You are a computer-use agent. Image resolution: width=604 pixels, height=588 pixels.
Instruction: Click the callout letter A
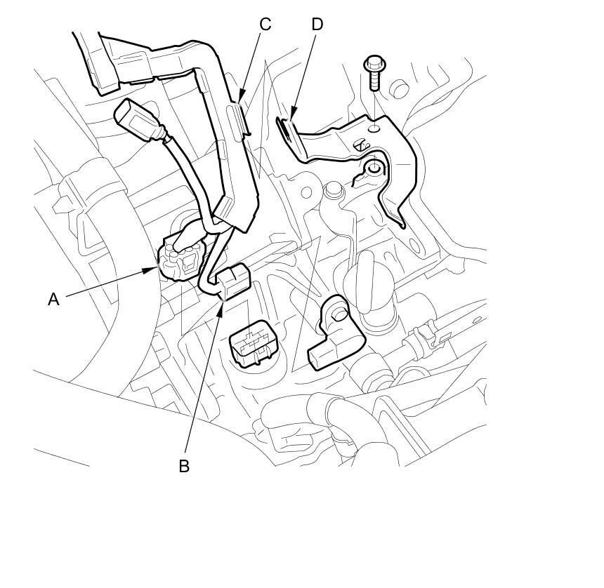tap(53, 299)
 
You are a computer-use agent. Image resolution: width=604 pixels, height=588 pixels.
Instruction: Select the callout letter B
tap(184, 465)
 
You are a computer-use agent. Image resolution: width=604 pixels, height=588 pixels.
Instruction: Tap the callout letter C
tap(265, 25)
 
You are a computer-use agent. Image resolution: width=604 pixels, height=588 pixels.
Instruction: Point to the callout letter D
tap(317, 25)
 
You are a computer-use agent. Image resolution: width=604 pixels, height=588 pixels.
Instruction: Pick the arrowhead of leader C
tap(240, 98)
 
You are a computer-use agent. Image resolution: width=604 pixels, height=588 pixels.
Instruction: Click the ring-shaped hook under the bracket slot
tap(373, 168)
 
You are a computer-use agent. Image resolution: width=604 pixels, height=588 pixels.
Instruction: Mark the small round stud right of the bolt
tap(398, 88)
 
